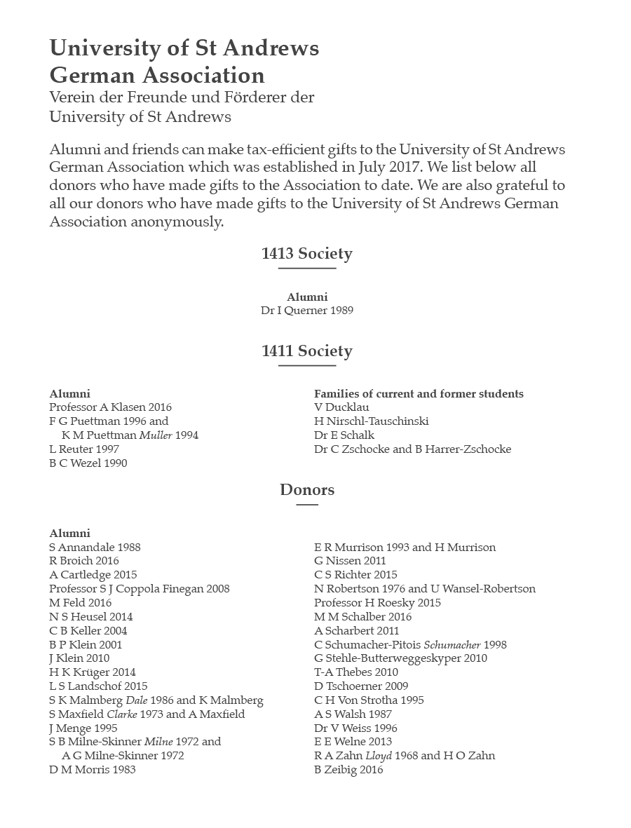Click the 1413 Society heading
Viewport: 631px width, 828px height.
click(x=306, y=254)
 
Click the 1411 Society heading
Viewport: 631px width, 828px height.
click(x=306, y=351)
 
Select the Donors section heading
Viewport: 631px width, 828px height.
click(x=307, y=490)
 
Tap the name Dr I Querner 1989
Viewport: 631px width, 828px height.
click(x=307, y=310)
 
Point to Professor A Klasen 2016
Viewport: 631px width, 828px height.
click(x=110, y=407)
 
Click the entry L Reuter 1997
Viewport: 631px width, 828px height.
click(x=84, y=449)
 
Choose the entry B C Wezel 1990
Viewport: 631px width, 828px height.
click(x=88, y=463)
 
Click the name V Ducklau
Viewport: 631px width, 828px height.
click(x=341, y=407)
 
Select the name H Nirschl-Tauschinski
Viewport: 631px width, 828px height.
click(x=371, y=421)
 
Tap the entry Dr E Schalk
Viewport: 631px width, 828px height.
click(x=344, y=435)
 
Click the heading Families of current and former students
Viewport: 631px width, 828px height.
click(x=419, y=394)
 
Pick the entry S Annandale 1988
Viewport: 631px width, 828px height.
click(x=95, y=547)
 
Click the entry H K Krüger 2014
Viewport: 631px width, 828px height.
click(x=93, y=672)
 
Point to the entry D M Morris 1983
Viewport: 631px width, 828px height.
click(x=93, y=770)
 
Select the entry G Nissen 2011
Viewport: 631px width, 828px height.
click(x=350, y=561)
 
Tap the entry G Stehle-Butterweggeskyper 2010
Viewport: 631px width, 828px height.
click(x=400, y=658)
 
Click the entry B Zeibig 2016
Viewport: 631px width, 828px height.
click(x=348, y=770)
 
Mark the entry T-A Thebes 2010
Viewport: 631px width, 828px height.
click(x=356, y=672)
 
